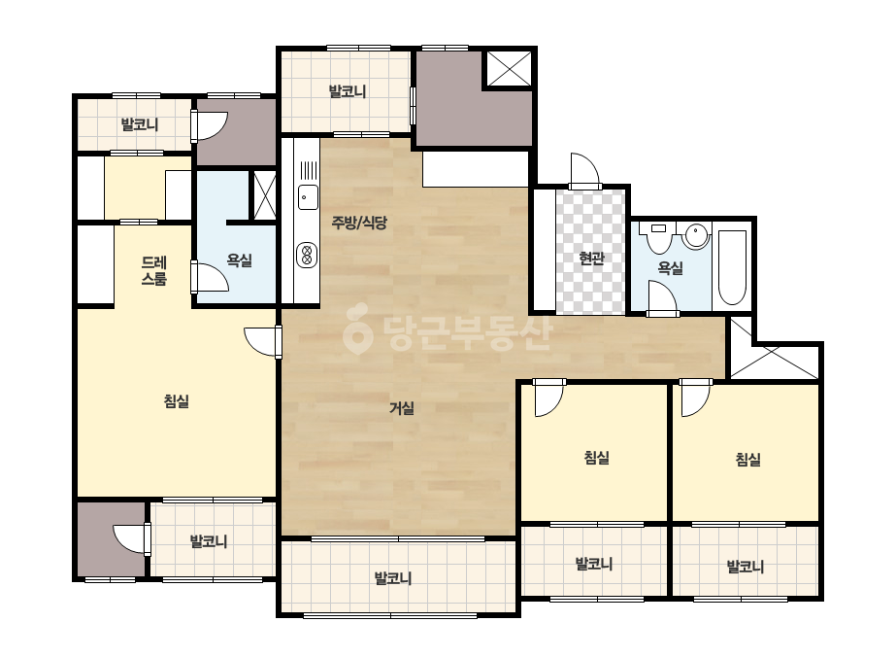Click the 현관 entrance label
591,259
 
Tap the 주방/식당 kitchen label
359,222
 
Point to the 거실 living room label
402,408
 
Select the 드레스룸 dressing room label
154,271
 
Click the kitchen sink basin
308,197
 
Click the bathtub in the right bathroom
732,267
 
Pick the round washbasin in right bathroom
696,236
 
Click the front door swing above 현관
584,170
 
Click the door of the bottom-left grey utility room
132,539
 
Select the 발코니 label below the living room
393,578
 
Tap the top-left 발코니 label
140,124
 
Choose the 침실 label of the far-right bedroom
748,459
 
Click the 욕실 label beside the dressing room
240,260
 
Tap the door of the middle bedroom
548,398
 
